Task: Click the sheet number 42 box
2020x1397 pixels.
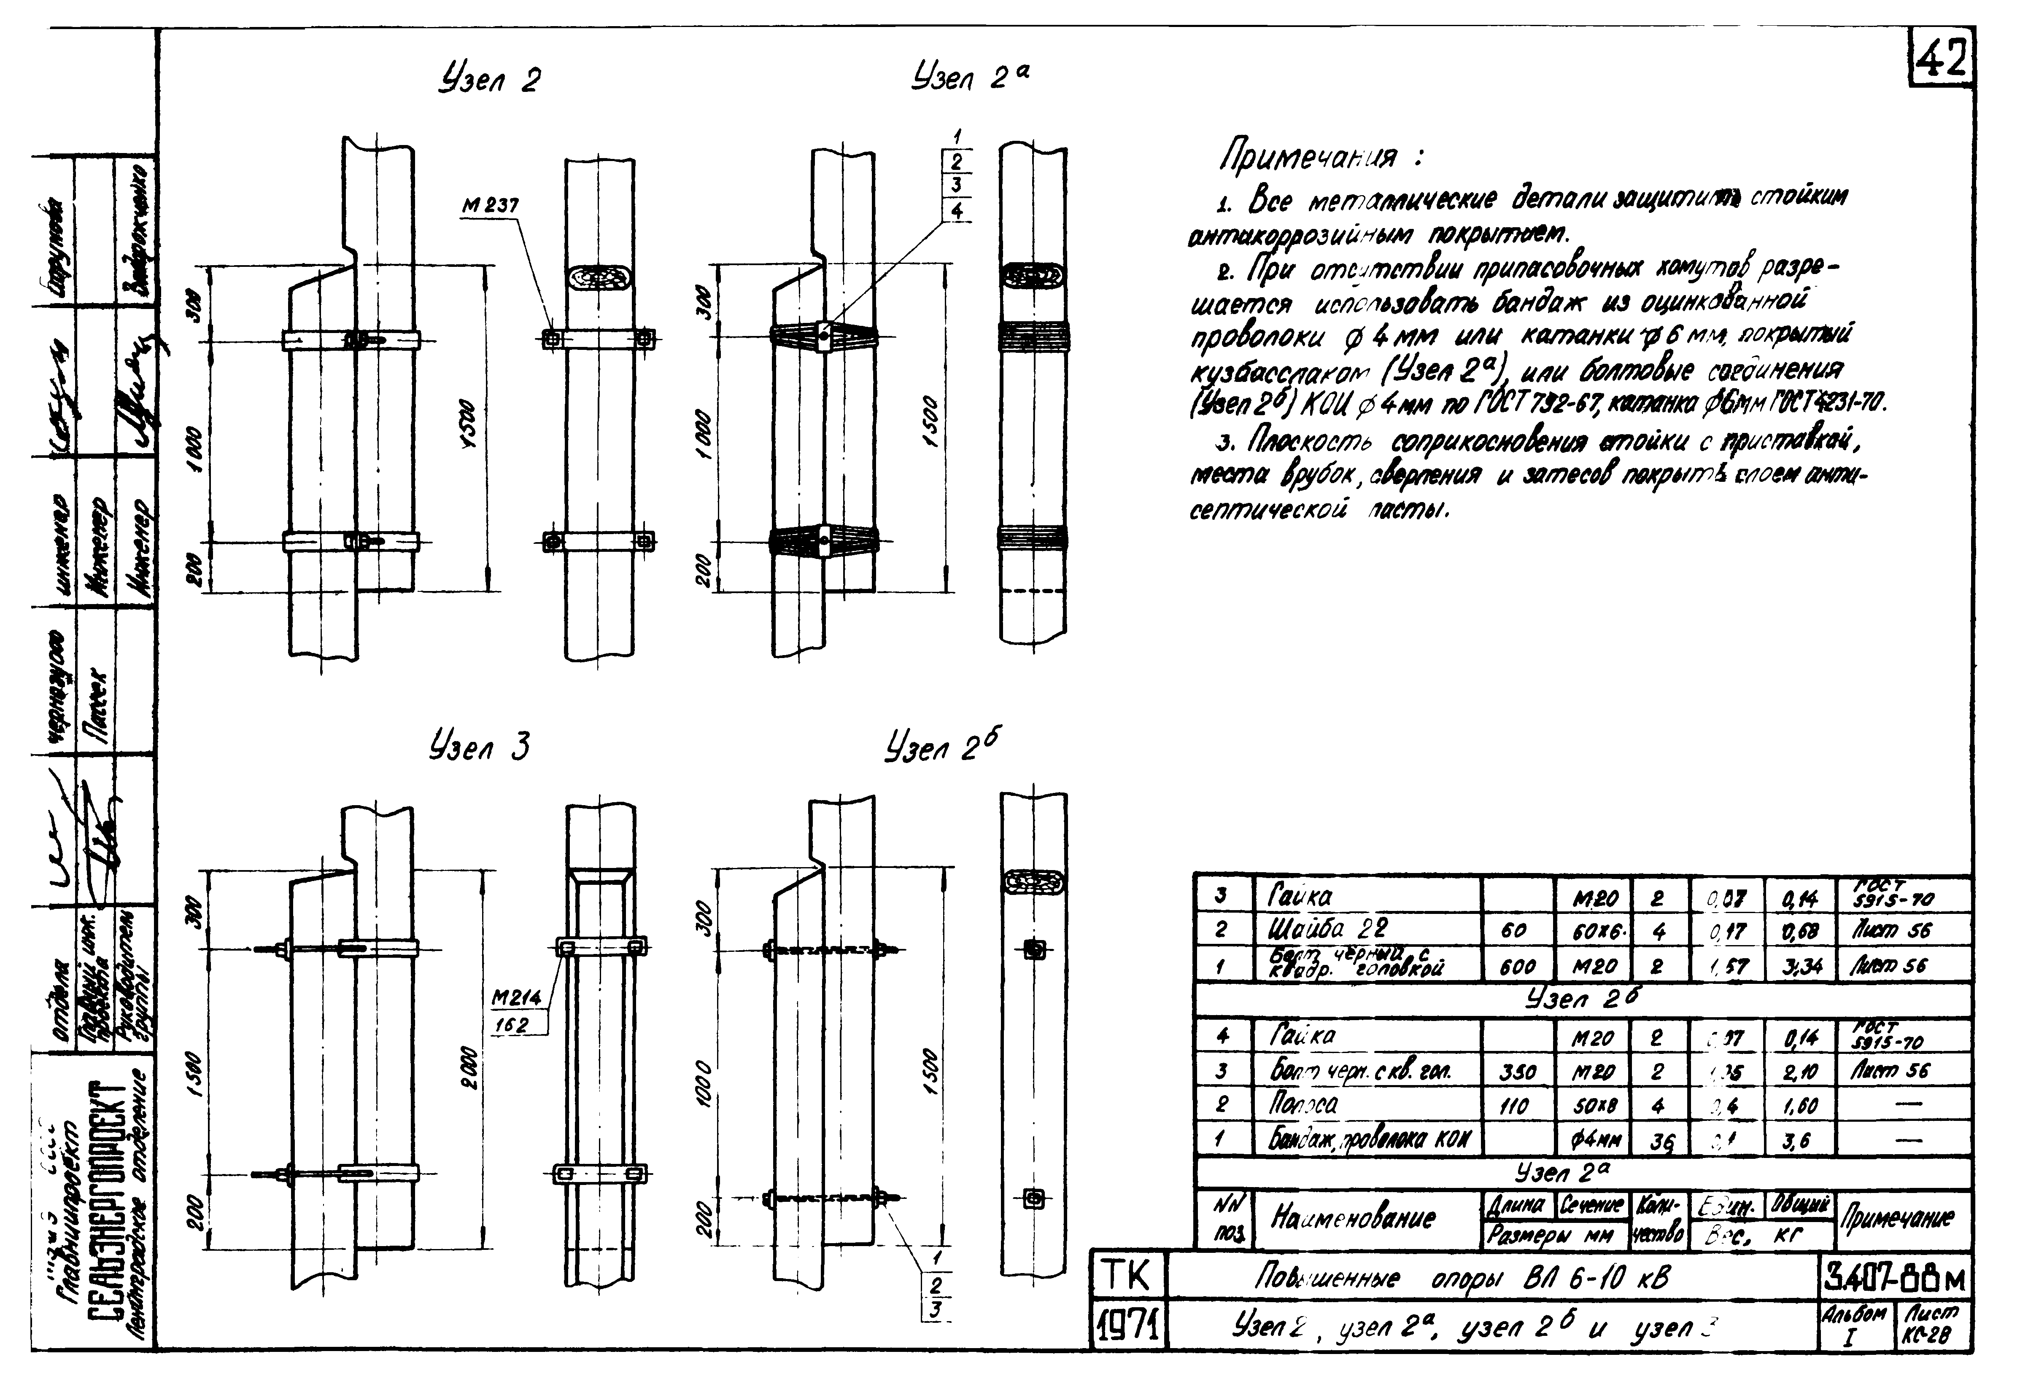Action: [x=1942, y=59]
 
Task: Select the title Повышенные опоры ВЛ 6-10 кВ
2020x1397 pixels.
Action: [x=1462, y=1280]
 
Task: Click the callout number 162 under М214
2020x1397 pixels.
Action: [x=510, y=1023]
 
